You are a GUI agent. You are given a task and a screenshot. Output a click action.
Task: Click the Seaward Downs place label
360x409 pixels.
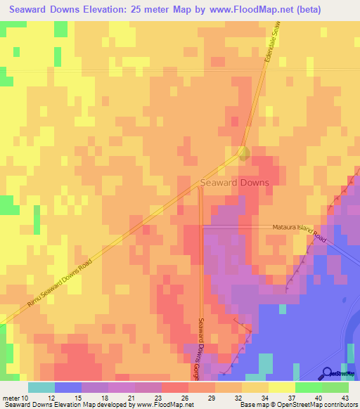tap(234, 182)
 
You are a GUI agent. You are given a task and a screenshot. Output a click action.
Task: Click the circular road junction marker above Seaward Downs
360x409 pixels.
tap(243, 152)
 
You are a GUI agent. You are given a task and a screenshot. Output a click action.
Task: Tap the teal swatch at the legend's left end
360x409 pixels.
tap(41, 387)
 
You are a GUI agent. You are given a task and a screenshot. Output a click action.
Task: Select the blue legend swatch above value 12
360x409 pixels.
tap(67, 387)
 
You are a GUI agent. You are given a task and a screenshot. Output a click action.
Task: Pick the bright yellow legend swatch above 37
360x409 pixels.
tap(281, 387)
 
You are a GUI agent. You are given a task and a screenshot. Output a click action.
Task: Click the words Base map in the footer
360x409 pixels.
tap(251, 405)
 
